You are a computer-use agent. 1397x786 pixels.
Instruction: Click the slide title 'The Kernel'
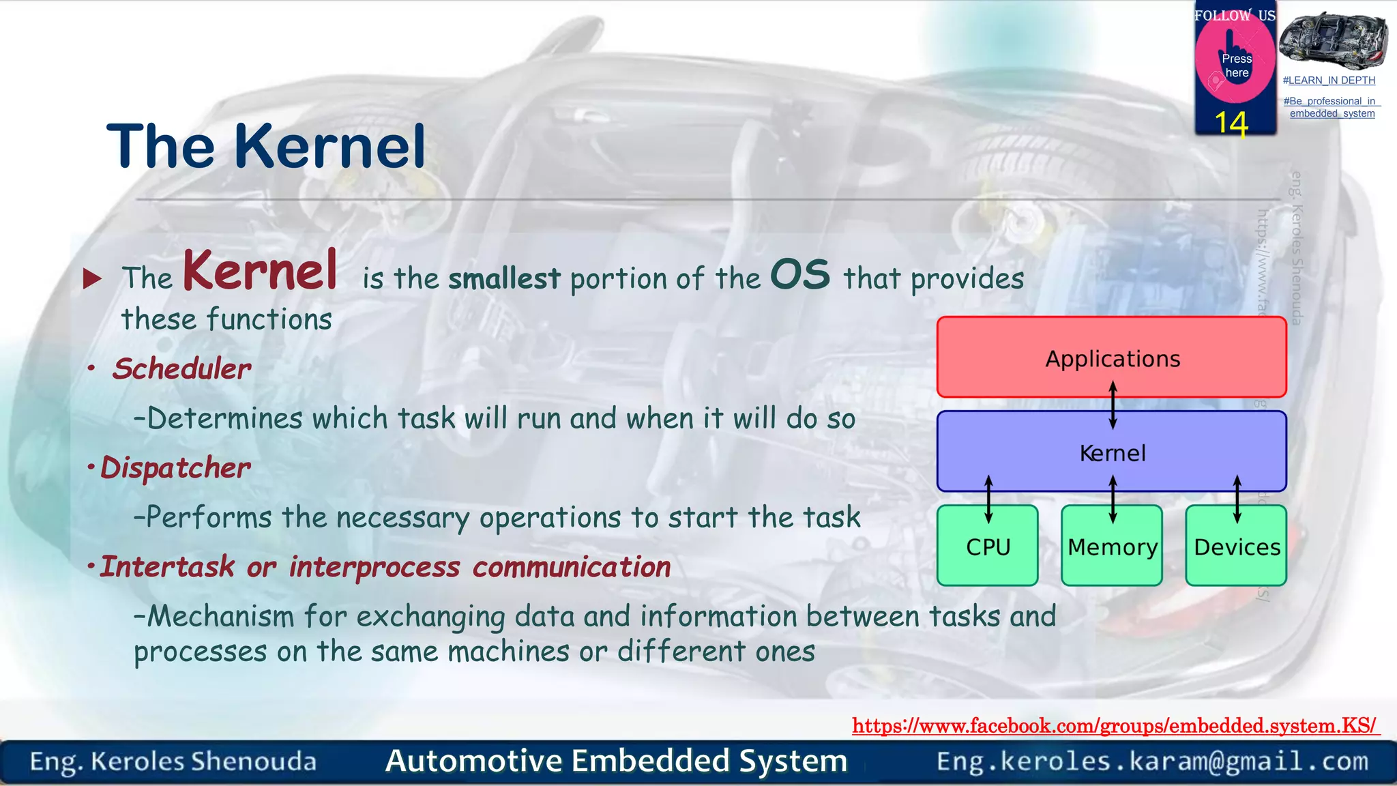tap(266, 146)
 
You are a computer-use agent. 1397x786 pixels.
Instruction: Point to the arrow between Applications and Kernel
tap(1113, 405)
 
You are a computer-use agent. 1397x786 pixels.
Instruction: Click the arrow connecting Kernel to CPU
tap(988, 499)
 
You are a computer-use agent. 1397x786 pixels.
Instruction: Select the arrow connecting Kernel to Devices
tap(1237, 499)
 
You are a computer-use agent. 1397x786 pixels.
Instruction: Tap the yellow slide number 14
tap(1231, 123)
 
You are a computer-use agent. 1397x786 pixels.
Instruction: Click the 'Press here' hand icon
tap(1235, 61)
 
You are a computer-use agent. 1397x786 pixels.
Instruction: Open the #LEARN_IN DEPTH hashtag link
tap(1329, 81)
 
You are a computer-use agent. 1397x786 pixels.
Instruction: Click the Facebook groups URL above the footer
tap(1115, 725)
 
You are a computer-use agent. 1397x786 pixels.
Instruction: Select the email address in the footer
tap(1152, 761)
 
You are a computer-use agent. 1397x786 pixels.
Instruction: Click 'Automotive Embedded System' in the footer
tap(616, 761)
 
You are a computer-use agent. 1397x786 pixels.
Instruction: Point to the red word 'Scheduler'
tap(182, 369)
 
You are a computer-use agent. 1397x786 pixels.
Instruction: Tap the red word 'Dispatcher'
tap(175, 468)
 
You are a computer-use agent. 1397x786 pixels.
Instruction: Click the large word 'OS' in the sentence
tap(800, 274)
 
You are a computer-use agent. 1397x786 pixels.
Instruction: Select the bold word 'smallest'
tap(504, 279)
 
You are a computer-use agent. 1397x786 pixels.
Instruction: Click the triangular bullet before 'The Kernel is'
tap(92, 278)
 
